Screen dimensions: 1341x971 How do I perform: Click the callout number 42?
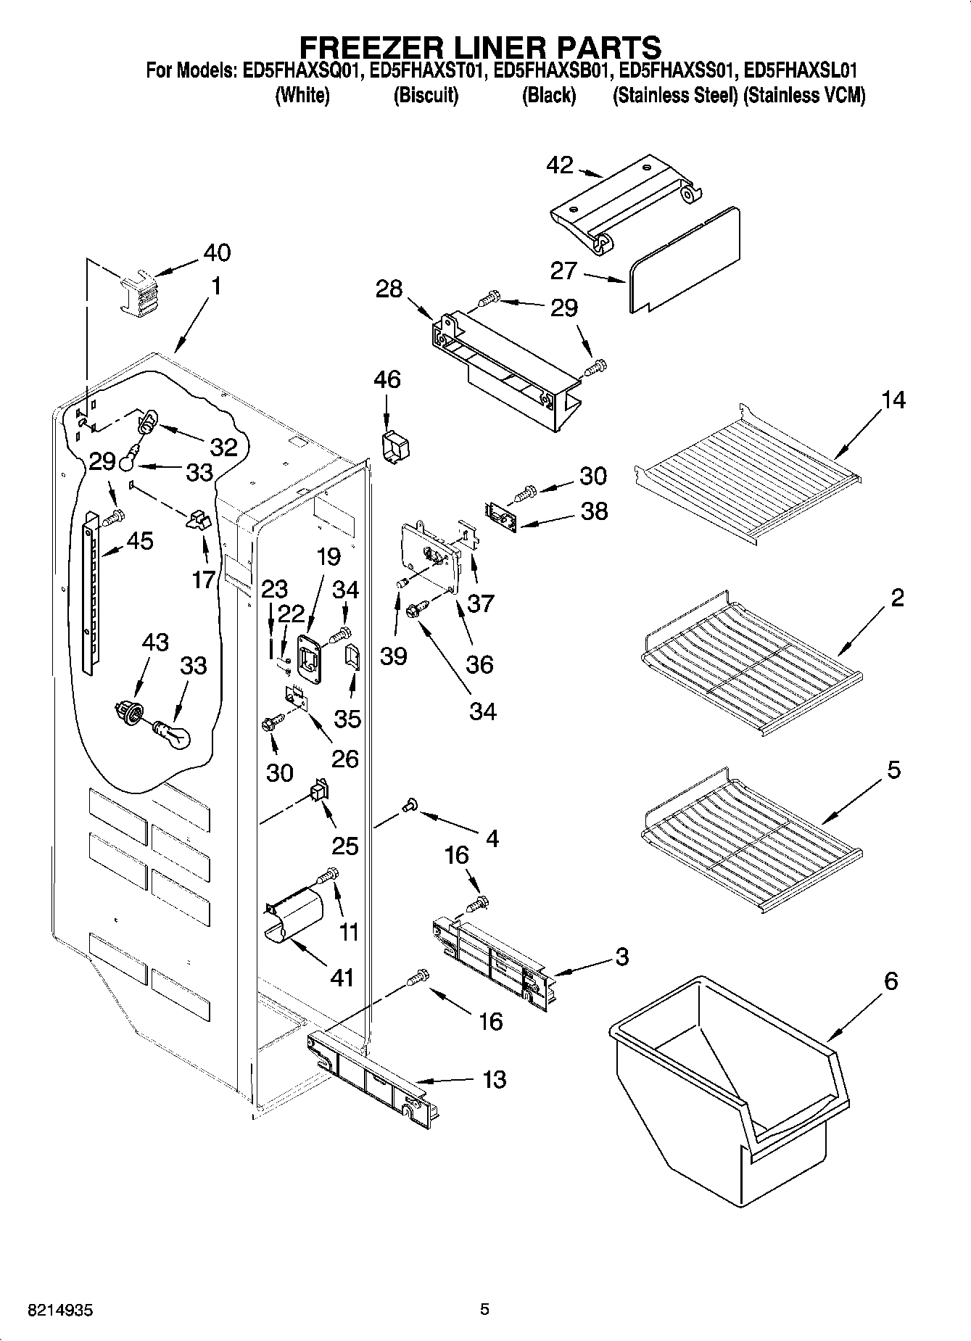(x=559, y=165)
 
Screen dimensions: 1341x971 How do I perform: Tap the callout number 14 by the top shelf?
(x=893, y=400)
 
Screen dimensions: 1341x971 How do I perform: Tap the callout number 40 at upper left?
(x=216, y=252)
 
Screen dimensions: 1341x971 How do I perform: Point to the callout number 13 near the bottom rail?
(x=494, y=1079)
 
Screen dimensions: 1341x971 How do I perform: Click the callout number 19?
(x=328, y=557)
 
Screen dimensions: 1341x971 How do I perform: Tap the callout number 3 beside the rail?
(x=621, y=957)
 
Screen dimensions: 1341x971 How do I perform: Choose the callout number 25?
(x=345, y=846)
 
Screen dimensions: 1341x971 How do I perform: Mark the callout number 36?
(x=480, y=664)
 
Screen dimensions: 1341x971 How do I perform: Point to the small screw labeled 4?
(x=410, y=804)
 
